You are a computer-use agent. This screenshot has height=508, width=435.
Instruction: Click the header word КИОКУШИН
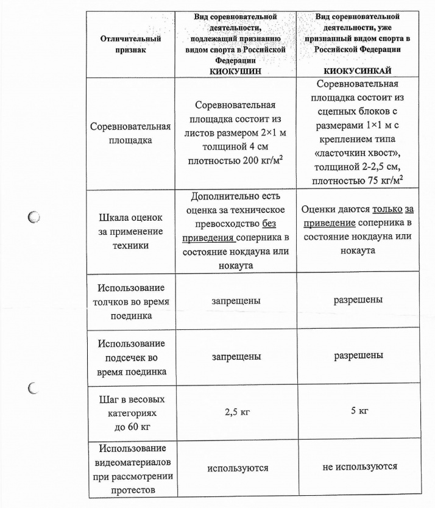(236, 71)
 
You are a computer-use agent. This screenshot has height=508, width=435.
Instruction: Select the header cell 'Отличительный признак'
(130, 44)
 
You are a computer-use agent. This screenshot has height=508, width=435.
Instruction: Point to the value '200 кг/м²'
(262, 160)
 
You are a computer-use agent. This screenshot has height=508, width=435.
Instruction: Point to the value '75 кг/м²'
(383, 181)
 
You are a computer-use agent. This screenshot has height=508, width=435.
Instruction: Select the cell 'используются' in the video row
(237, 468)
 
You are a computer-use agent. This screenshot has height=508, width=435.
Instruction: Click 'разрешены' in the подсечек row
(358, 355)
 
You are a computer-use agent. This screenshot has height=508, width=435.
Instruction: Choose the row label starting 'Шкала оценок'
(130, 232)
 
